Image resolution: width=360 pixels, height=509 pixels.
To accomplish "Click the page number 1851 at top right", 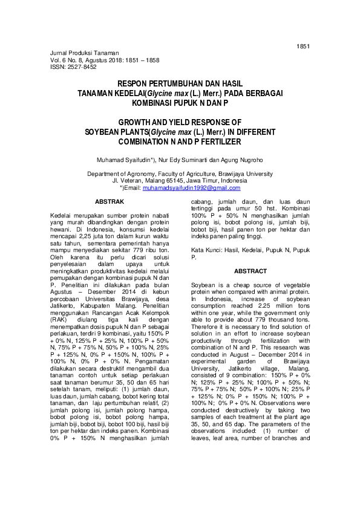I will point(303,46).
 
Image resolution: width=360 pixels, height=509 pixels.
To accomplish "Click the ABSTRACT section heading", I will point(250,271).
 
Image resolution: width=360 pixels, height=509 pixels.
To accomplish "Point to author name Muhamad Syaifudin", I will point(125,160).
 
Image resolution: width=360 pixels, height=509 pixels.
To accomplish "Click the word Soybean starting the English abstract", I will point(203,284).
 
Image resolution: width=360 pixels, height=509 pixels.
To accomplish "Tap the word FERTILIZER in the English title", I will point(216,142).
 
